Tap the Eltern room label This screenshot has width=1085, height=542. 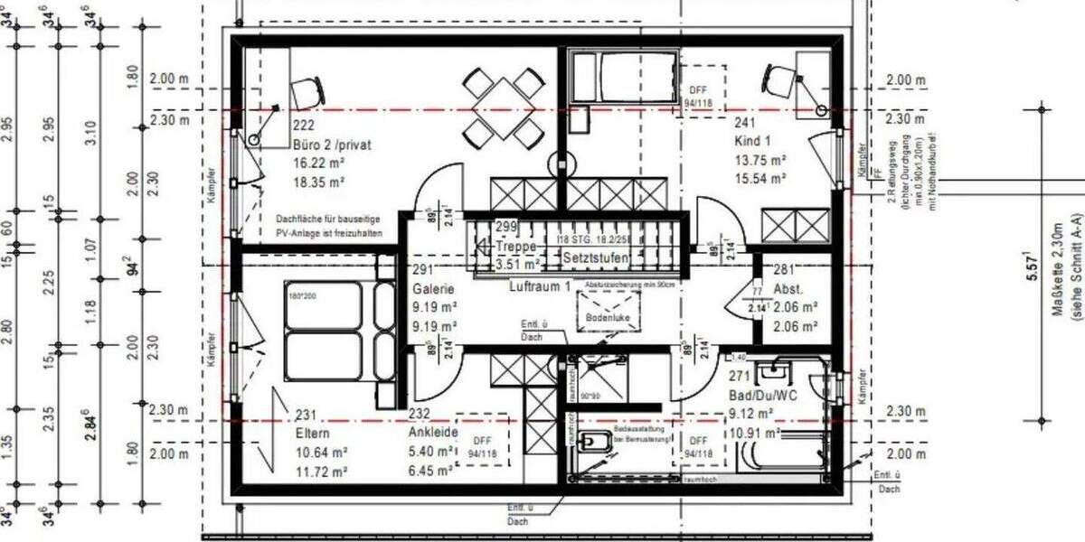coord(313,434)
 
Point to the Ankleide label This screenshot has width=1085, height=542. coord(433,433)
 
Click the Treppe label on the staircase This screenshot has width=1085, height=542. coord(517,246)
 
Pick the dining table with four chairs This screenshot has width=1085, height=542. coord(503,108)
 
